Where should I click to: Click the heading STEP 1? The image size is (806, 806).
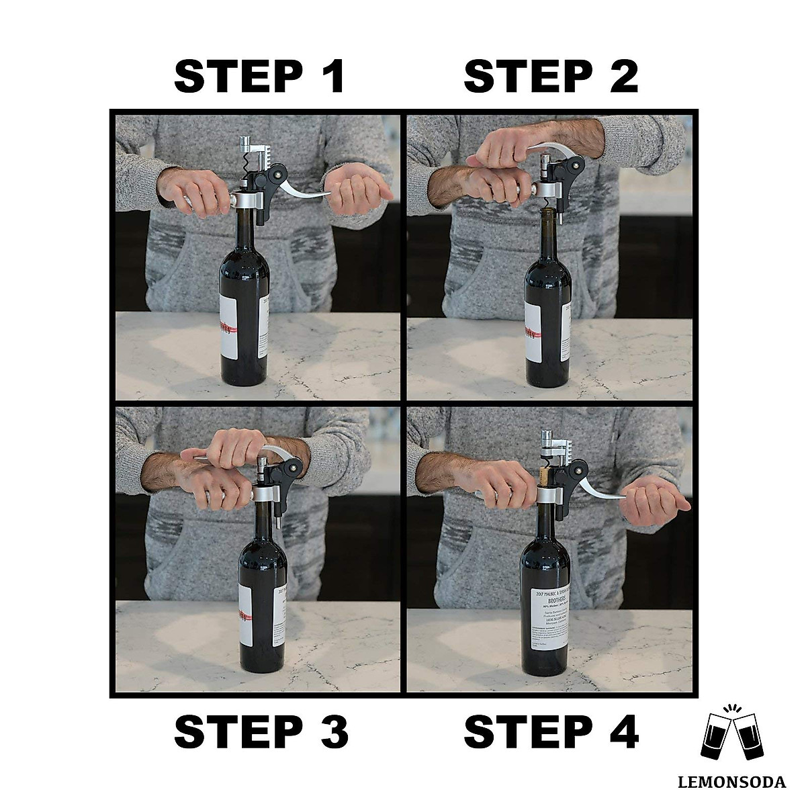tap(259, 77)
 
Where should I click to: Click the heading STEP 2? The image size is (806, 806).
tap(550, 77)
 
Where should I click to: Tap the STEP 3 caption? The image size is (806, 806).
tap(261, 731)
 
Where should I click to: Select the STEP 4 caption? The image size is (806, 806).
tap(551, 731)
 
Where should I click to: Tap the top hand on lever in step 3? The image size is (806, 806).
tap(235, 447)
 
